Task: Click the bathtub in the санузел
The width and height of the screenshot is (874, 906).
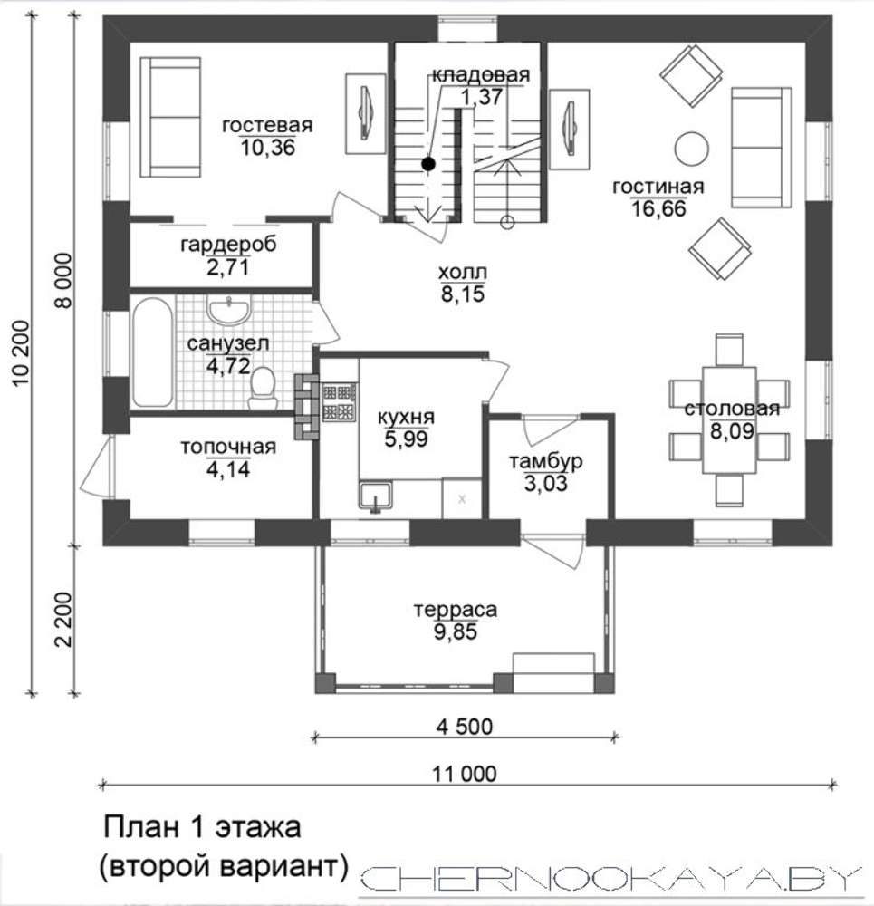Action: coord(152,352)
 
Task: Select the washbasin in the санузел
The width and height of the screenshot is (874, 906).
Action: coord(229,310)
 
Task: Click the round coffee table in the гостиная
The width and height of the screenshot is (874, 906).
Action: coord(691,149)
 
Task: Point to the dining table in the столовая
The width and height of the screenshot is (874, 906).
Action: coord(729,420)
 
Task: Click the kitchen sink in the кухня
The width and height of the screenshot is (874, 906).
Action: coord(375,496)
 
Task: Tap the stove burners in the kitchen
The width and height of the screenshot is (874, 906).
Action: coord(339,401)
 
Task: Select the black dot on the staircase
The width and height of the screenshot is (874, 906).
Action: coord(428,164)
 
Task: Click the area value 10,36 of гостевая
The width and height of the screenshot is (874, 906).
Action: coord(267,148)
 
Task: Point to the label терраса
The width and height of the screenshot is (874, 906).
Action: coord(456,610)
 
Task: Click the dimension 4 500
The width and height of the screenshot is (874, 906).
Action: coord(465,727)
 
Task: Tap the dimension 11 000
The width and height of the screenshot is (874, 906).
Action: coord(465,773)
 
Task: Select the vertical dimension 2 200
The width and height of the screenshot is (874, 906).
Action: coord(63,620)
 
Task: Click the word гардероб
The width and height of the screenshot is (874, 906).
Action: coord(228,245)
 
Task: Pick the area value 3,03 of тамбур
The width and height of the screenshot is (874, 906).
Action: coord(546,483)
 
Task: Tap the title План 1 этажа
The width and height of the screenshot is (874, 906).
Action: coord(202,827)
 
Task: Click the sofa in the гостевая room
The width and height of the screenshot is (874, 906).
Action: coord(170,117)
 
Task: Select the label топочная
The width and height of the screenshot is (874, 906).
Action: coord(228,448)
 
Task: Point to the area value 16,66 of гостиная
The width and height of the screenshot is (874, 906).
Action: coord(658,208)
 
